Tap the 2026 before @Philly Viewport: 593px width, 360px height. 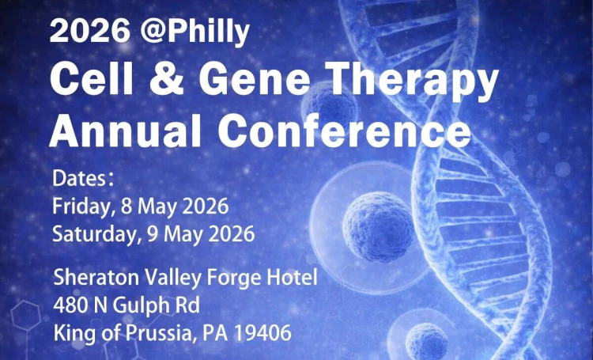89,32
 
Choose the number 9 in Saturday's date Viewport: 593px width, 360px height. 156,233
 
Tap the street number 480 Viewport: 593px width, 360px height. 70,305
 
